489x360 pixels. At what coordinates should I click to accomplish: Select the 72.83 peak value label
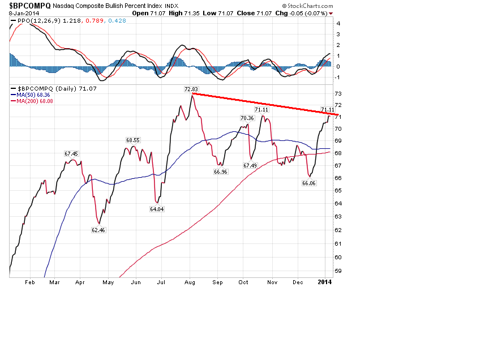coord(191,89)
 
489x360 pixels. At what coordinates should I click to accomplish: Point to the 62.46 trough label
coord(98,230)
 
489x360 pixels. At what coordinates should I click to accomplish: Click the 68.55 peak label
coord(133,139)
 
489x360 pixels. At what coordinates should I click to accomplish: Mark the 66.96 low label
coord(220,172)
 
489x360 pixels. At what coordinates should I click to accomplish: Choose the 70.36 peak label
coord(247,118)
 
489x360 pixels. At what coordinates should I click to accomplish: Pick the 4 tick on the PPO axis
coord(338,24)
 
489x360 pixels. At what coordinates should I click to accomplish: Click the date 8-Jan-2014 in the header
coord(22,12)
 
